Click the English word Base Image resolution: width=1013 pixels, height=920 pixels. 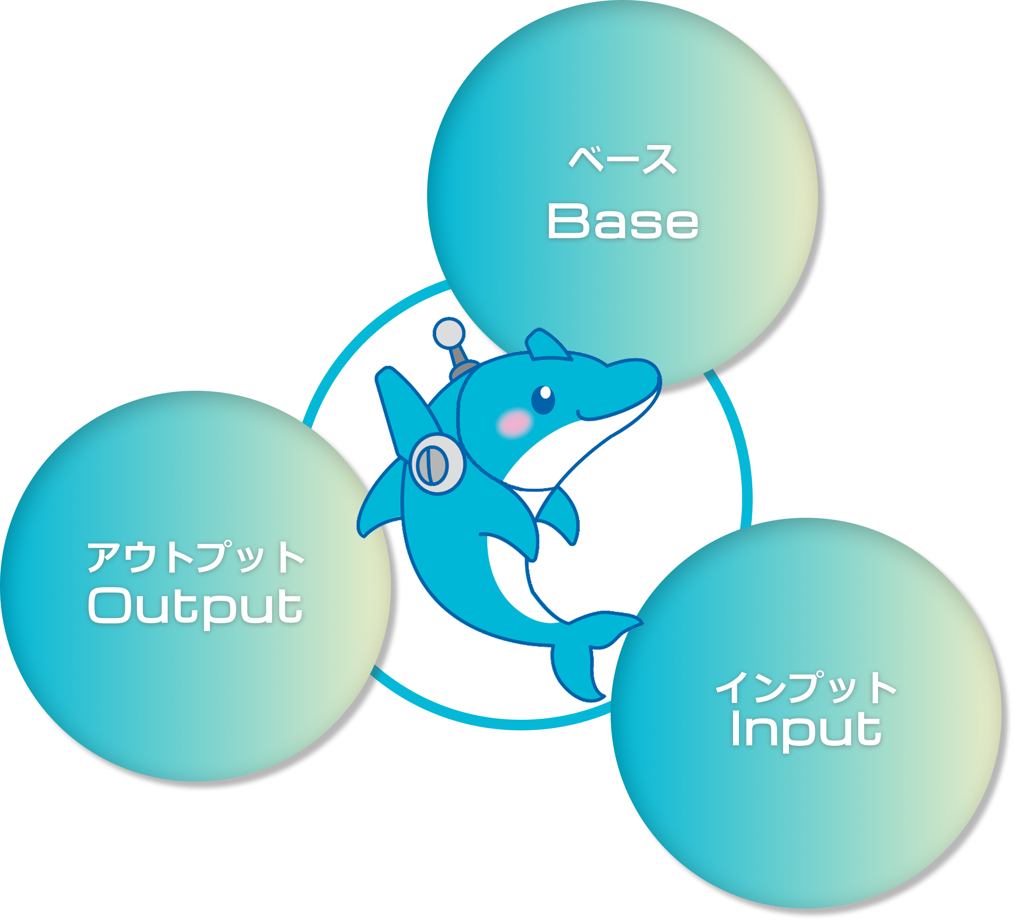pyautogui.click(x=623, y=221)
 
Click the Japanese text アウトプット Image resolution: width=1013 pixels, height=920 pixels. pyautogui.click(x=196, y=557)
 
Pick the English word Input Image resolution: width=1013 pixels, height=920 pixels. pyautogui.click(x=806, y=729)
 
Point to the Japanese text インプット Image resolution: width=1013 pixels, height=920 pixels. pyautogui.click(x=806, y=688)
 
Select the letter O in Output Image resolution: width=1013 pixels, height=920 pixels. pyautogui.click(x=109, y=606)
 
